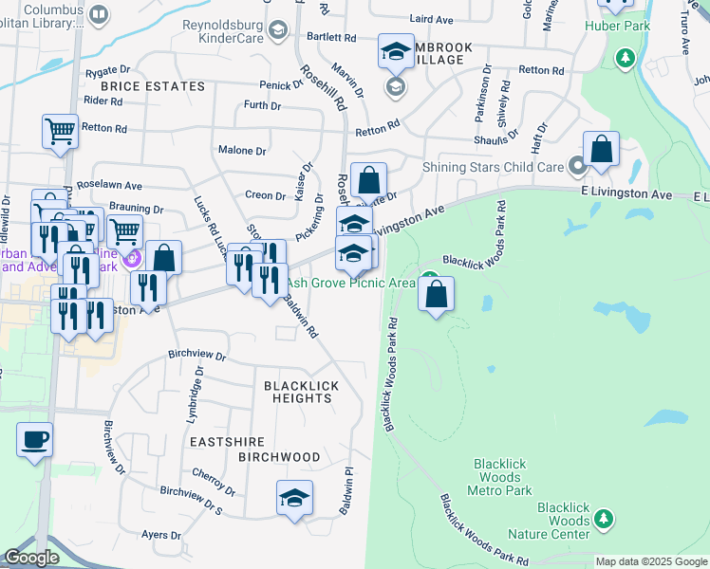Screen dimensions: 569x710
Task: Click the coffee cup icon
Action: (x=35, y=440)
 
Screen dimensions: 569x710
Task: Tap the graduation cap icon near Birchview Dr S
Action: (x=294, y=498)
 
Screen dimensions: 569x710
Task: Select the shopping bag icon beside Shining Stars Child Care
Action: (x=601, y=149)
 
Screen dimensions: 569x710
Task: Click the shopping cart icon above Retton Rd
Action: (x=60, y=131)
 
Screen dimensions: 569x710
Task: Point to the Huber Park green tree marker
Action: (x=625, y=59)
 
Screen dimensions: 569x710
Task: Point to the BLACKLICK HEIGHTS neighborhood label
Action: (x=298, y=392)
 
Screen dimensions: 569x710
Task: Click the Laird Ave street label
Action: (x=432, y=19)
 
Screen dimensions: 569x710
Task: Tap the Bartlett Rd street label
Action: (x=337, y=37)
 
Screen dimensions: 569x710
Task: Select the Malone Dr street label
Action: (x=242, y=151)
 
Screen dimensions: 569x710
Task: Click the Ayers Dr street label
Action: (x=160, y=535)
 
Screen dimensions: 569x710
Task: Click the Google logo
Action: (x=32, y=558)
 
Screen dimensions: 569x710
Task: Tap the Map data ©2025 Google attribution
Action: (x=650, y=561)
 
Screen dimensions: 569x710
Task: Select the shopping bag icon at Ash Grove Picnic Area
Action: (x=436, y=295)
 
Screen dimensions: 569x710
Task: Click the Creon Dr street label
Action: (x=266, y=195)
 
